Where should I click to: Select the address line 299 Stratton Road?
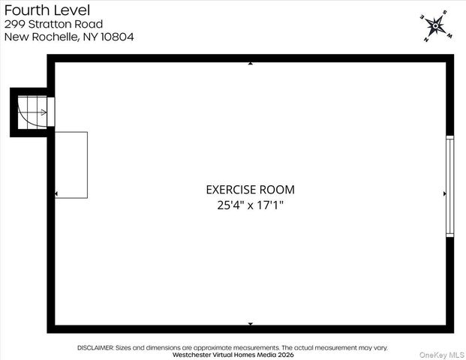click(53, 24)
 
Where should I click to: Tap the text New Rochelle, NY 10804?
click(69, 37)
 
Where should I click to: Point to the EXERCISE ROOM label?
click(250, 190)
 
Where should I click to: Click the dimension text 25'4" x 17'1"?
click(250, 204)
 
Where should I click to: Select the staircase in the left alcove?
click(32, 112)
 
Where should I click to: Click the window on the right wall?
click(449, 186)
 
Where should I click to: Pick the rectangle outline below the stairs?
click(71, 165)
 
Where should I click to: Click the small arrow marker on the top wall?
click(250, 64)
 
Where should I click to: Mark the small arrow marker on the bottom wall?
click(250, 324)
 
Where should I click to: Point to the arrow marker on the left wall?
click(57, 193)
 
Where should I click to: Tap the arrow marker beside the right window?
click(444, 193)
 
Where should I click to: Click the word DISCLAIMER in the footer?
click(95, 348)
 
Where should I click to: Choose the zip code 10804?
click(118, 37)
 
